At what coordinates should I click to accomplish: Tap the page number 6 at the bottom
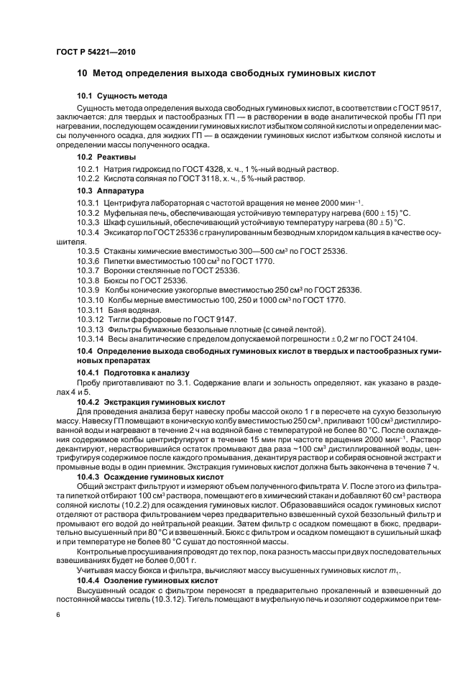59,615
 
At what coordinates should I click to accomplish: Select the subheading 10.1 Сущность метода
122,96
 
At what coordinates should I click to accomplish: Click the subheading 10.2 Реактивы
107,156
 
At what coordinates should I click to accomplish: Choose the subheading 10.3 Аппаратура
111,191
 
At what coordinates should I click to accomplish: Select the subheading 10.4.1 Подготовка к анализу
133,372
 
